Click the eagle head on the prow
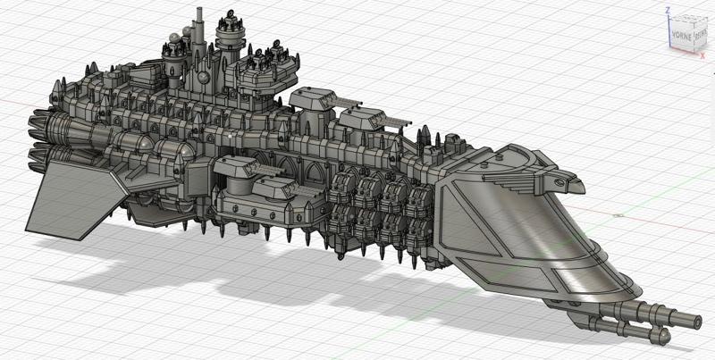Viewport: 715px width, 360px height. click(569, 184)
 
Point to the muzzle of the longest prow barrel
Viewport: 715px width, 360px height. click(696, 319)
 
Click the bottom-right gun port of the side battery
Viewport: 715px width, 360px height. click(416, 229)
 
